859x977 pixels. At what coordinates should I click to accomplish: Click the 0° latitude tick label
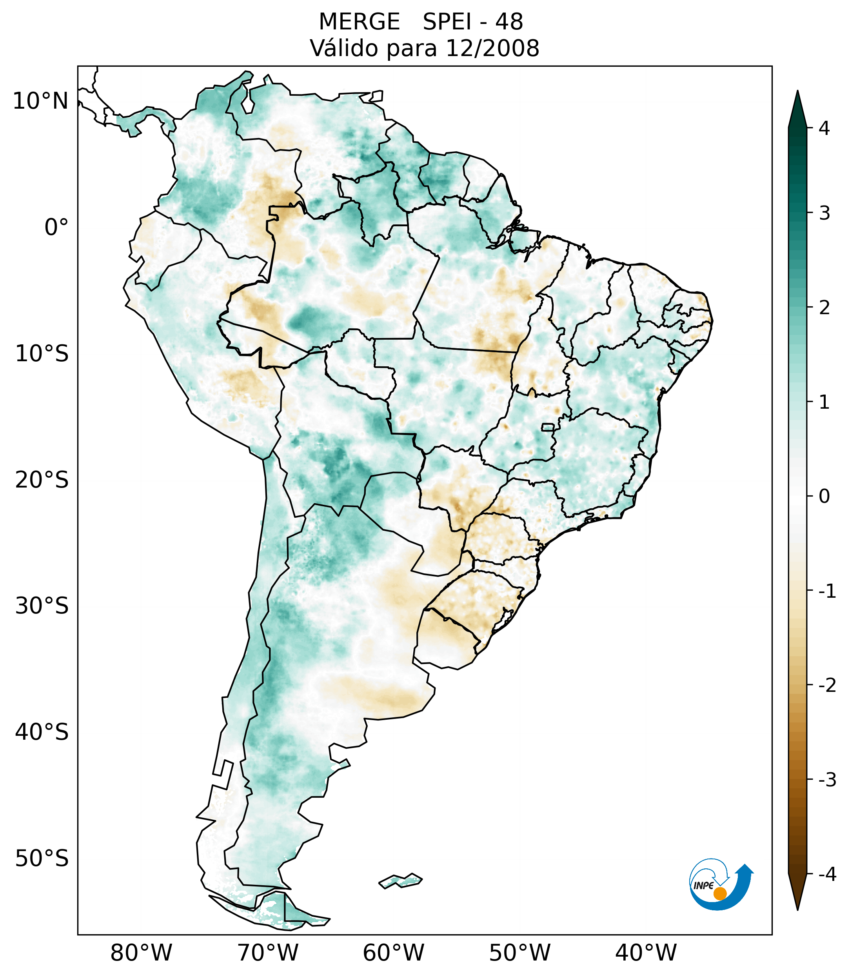pyautogui.click(x=56, y=227)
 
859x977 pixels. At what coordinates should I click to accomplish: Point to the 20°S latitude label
pyautogui.click(x=42, y=480)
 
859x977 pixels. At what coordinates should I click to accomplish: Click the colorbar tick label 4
pyautogui.click(x=824, y=128)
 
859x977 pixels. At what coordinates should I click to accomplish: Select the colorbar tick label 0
pyautogui.click(x=824, y=497)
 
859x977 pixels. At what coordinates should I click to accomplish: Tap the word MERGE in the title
pyautogui.click(x=359, y=22)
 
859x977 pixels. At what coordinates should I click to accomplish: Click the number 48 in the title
pyautogui.click(x=509, y=22)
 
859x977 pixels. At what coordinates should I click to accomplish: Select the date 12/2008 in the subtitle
pyautogui.click(x=492, y=48)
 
